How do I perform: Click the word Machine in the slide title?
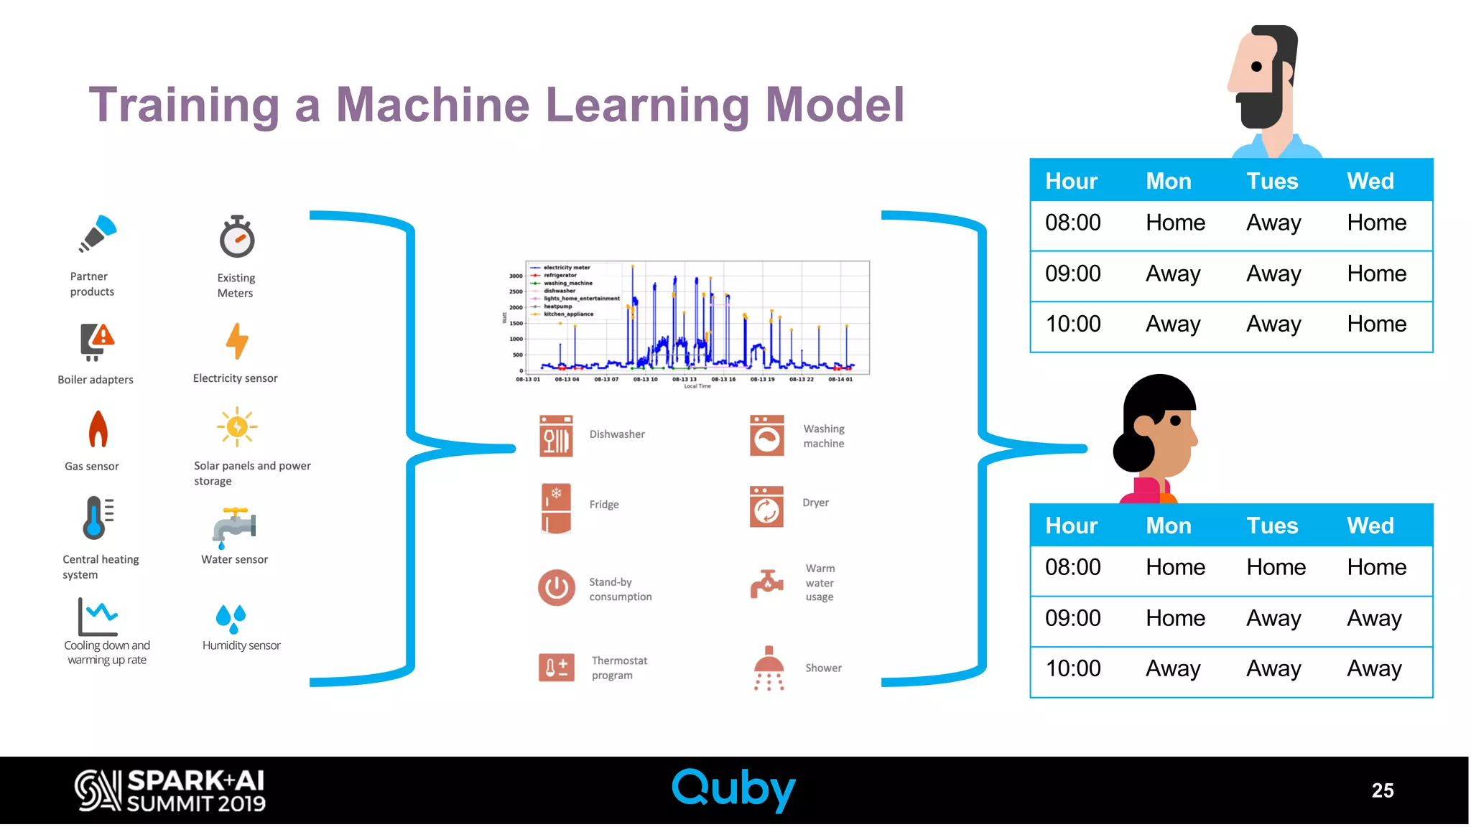[x=432, y=105]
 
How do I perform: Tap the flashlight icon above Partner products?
[x=98, y=233]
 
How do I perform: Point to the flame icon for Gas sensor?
[x=98, y=429]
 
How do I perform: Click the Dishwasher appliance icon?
[x=556, y=436]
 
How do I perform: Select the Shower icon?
[x=769, y=668]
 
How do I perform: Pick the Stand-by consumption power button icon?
[x=556, y=588]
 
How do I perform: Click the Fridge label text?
[x=604, y=505]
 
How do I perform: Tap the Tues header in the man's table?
[x=1272, y=181]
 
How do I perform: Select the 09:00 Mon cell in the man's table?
[x=1173, y=274]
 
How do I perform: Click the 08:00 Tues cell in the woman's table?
[x=1276, y=567]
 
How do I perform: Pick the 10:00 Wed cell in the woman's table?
[x=1374, y=668]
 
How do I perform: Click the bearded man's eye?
[x=1256, y=67]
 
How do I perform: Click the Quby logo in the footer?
[x=733, y=790]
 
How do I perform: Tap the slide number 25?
[x=1382, y=790]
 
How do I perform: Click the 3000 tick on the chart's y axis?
[x=516, y=276]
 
